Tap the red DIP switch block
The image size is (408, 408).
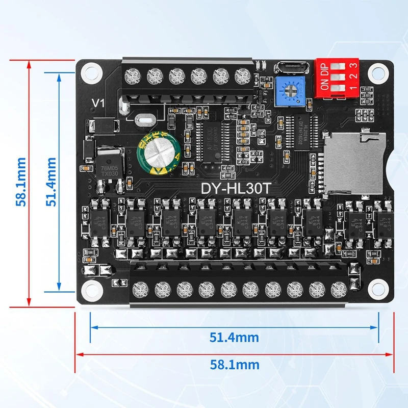point(337,77)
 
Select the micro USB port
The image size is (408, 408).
point(289,68)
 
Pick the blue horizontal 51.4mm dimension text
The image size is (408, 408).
point(235,337)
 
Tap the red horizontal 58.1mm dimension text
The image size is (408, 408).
point(235,365)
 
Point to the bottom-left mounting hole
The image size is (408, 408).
point(91,290)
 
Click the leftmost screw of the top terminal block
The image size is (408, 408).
point(133,76)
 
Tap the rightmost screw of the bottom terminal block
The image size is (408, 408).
point(338,290)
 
